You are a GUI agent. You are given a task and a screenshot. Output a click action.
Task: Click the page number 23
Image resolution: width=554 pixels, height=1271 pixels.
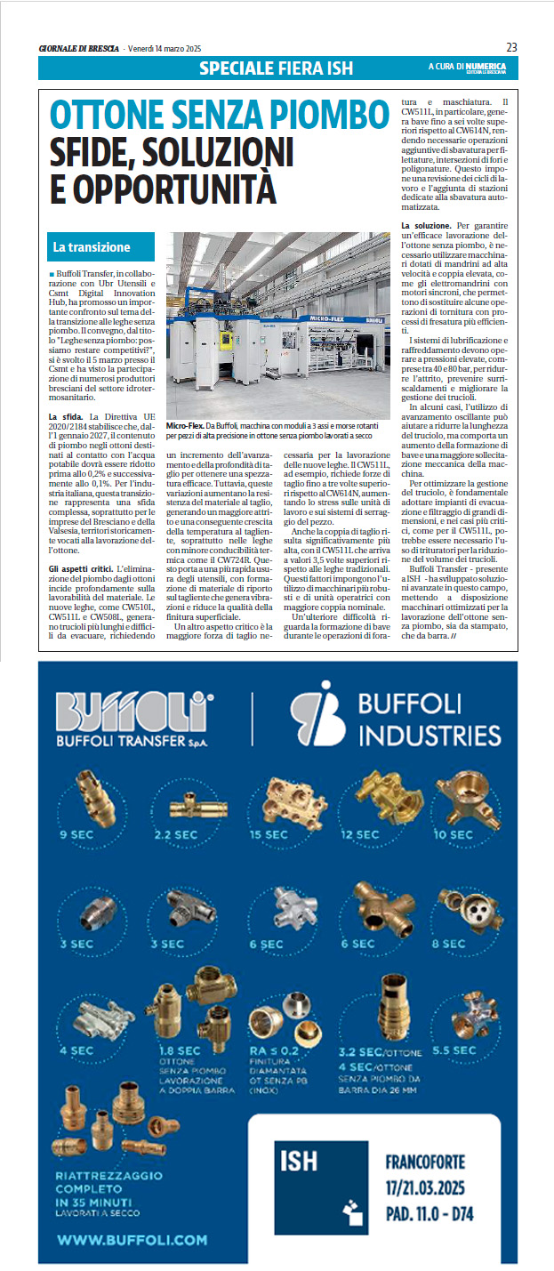point(511,46)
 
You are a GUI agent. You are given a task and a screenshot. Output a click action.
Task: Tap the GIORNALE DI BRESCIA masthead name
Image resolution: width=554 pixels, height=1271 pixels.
point(79,47)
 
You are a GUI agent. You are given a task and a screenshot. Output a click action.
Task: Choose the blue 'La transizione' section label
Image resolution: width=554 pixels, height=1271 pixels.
point(92,246)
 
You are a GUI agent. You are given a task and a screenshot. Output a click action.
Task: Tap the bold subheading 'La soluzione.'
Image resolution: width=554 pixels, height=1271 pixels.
point(428,226)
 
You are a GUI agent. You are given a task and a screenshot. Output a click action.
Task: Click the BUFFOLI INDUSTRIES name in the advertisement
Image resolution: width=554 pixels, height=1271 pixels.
point(429,721)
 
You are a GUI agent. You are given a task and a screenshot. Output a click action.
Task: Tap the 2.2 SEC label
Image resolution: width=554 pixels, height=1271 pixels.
point(175,835)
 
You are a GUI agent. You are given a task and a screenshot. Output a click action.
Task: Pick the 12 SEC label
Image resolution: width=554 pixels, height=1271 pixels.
point(360,835)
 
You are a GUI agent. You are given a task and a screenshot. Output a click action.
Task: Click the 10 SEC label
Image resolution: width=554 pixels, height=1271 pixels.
point(453,835)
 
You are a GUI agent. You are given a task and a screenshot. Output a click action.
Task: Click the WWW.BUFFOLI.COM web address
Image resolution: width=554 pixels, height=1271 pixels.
point(132,1239)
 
